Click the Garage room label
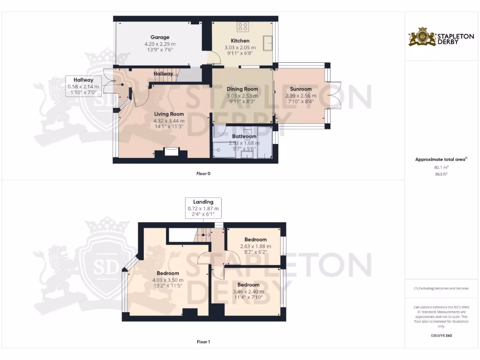tap(160, 37)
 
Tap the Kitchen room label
tap(240, 41)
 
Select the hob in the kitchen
tap(243, 27)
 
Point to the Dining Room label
tap(242, 89)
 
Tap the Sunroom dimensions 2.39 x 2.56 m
tap(300, 96)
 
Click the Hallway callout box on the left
tap(83, 86)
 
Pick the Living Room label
tap(169, 114)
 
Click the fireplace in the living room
tap(171, 152)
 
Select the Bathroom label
tap(244, 136)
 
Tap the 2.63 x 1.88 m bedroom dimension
tap(255, 246)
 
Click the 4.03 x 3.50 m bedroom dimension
tap(168, 280)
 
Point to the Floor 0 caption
tap(203, 173)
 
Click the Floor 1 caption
tap(203, 342)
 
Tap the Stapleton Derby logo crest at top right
tap(422, 37)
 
